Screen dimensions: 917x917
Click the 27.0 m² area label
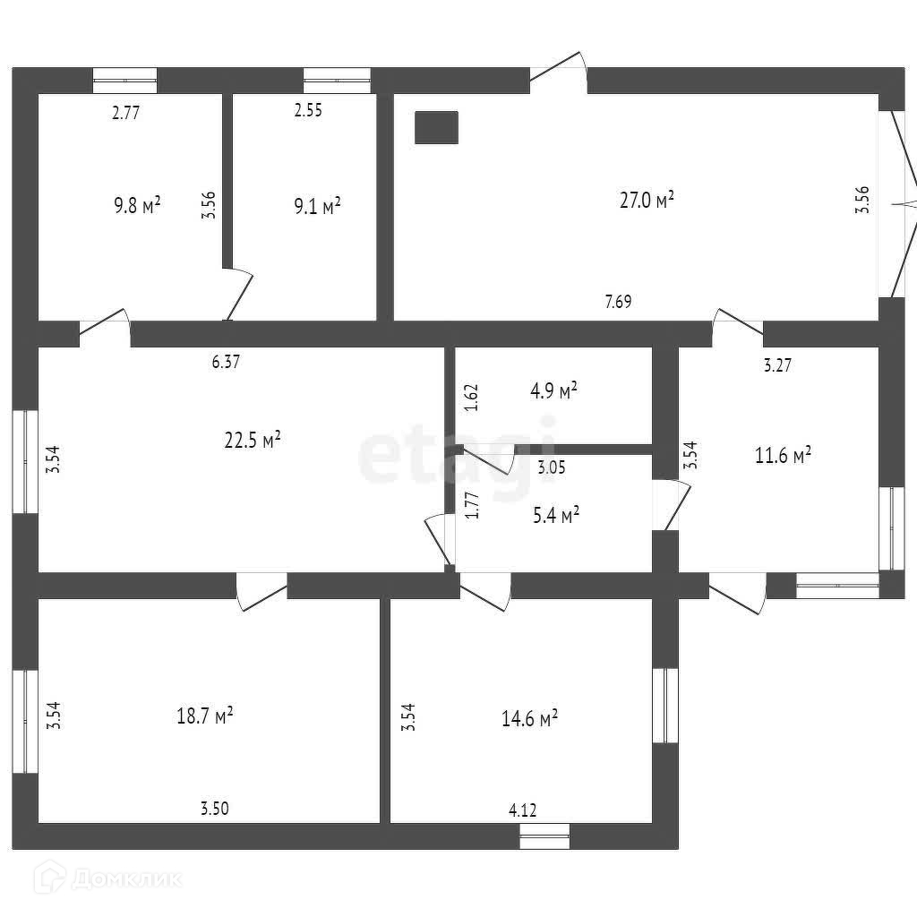[647, 200]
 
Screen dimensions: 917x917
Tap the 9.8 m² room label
[137, 205]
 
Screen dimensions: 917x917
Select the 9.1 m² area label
[317, 207]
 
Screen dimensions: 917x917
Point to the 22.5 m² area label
[253, 439]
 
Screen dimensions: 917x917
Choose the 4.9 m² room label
[554, 390]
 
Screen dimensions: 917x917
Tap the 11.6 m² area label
[784, 456]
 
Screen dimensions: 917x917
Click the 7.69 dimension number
[618, 302]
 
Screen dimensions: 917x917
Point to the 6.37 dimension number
[226, 363]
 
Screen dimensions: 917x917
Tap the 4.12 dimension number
[522, 811]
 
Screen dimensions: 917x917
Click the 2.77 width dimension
[126, 113]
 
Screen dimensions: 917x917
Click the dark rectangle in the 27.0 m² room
[436, 127]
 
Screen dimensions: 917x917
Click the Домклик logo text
[125, 878]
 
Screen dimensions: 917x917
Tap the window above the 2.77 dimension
[125, 80]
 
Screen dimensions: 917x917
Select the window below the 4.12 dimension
[544, 836]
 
